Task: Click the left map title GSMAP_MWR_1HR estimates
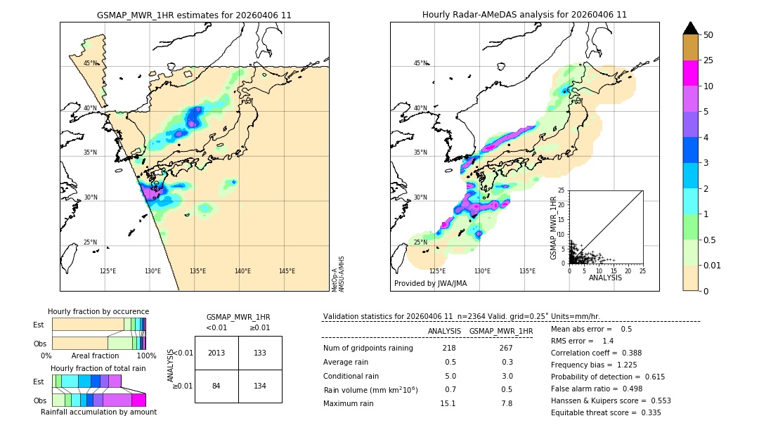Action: pos(194,15)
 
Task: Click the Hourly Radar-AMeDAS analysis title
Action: pos(524,15)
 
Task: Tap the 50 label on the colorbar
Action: pos(708,35)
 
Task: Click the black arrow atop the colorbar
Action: pos(691,28)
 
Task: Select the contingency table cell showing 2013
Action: pos(216,353)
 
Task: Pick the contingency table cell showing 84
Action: pos(216,386)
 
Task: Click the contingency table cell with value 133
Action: pos(260,353)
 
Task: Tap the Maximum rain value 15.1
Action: pos(448,403)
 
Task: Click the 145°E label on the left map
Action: pos(287,271)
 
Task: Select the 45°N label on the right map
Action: pos(420,63)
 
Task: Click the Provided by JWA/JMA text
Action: pos(430,283)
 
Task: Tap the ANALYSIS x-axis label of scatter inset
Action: pos(605,278)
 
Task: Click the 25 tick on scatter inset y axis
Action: pos(562,190)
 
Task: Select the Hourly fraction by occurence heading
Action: pos(98,311)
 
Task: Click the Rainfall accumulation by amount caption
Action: pos(104,412)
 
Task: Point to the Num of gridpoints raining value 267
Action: pos(505,348)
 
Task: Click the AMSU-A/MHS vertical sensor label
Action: pos(341,273)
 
